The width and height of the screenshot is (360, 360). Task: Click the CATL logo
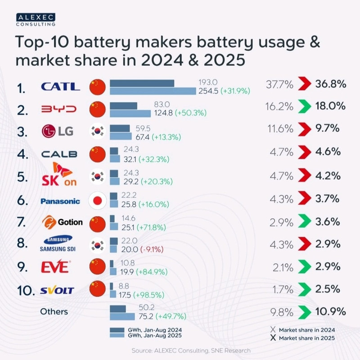tap(60, 86)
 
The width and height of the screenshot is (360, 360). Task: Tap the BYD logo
tap(58, 109)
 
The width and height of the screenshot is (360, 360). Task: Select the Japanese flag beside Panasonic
tap(98, 201)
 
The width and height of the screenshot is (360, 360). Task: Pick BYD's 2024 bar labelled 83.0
tap(123, 105)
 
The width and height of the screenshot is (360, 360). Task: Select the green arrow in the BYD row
tap(305, 107)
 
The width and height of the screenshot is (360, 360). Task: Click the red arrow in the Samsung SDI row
tap(305, 244)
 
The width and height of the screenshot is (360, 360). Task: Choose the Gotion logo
tap(62, 222)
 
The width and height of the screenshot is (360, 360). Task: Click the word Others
tap(54, 311)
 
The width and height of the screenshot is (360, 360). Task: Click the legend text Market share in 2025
tap(307, 337)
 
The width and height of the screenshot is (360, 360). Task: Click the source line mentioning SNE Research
tap(191, 350)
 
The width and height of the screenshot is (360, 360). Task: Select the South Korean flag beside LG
tap(98, 131)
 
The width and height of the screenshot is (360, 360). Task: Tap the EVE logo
tap(56, 267)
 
